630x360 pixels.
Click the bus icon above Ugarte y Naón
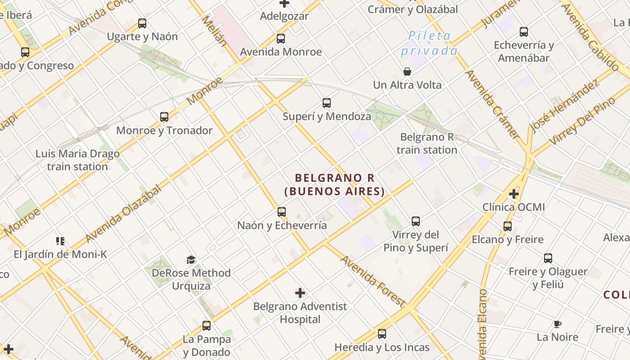[142, 23]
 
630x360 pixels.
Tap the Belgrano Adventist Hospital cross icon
[300, 293]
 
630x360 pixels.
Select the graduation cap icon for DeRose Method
[191, 260]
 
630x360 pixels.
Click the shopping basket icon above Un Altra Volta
[407, 72]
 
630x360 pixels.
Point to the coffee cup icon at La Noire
[558, 324]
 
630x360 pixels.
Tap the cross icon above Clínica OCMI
[514, 194]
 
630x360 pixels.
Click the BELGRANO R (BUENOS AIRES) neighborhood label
[335, 184]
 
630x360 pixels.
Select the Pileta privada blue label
[429, 43]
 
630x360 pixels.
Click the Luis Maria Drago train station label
[77, 160]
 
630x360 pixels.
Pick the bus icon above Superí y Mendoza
[327, 103]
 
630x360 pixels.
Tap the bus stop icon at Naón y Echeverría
[282, 212]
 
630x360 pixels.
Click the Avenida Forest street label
[373, 281]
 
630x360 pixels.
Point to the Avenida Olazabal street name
[123, 213]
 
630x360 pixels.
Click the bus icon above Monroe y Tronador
[164, 117]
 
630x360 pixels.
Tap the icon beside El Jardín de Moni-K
[60, 241]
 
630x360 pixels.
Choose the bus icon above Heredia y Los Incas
[382, 334]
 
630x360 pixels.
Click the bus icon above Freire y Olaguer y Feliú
[548, 258]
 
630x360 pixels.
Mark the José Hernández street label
[564, 107]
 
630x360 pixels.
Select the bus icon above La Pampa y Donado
[207, 325]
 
